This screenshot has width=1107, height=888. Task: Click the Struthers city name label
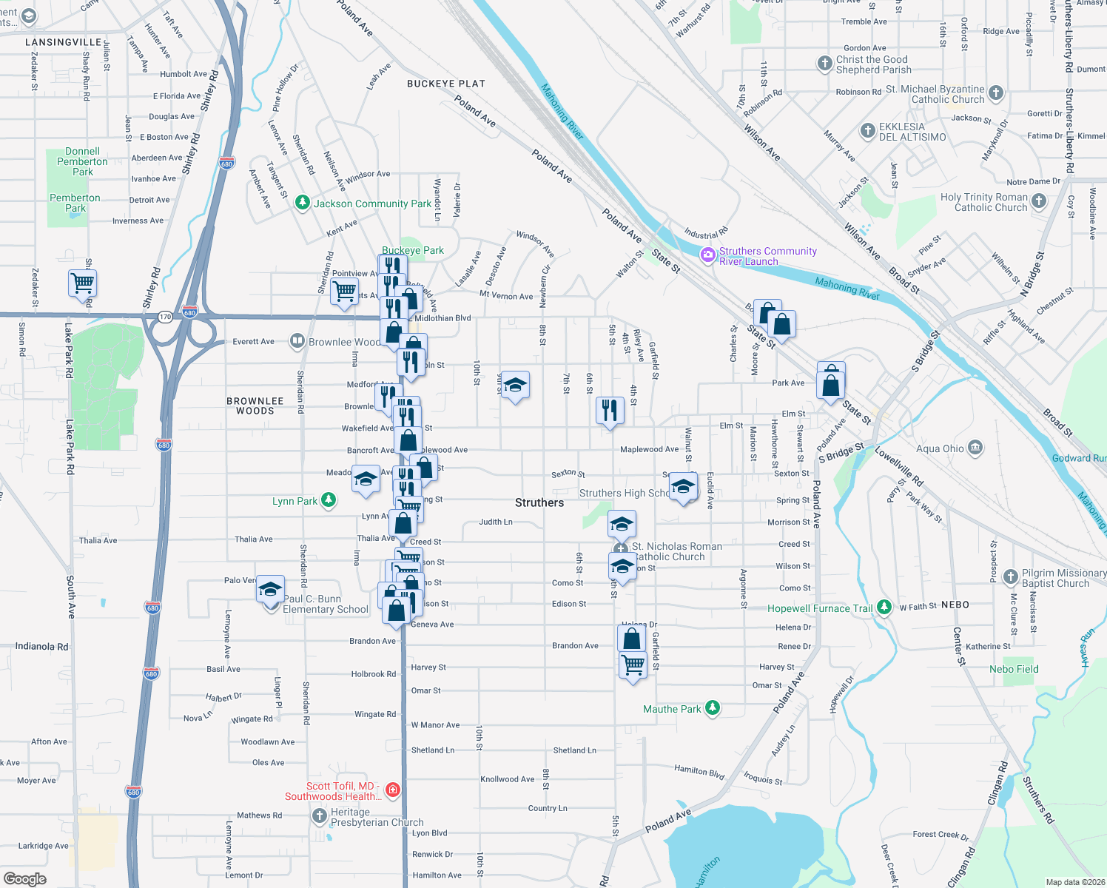coord(539,502)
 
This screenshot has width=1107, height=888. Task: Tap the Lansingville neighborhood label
coord(63,42)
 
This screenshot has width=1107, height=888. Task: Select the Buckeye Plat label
coord(445,84)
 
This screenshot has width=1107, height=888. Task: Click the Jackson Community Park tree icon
coord(302,203)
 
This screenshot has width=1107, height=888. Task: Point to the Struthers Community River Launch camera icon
coord(708,255)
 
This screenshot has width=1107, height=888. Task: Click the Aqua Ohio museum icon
coord(975,448)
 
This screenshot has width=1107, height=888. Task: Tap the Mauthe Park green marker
coord(712,708)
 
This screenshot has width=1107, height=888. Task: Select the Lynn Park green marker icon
coord(328,501)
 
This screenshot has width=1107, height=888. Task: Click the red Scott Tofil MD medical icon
coord(393,790)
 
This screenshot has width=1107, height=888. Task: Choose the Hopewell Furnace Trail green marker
coord(884,608)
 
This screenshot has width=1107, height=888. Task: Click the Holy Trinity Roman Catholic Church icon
coord(1039,201)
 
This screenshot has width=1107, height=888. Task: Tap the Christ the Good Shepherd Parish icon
coord(824,64)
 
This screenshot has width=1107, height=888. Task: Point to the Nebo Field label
coord(1014,669)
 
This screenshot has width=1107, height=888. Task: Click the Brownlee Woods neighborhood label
coord(255,406)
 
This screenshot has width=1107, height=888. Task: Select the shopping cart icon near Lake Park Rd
coord(83,283)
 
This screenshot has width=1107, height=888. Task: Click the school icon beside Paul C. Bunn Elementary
coord(271,589)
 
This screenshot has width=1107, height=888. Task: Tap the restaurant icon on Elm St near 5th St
coord(610,409)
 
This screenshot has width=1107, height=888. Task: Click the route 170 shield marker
coord(165,317)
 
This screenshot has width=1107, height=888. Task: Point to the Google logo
coord(24,878)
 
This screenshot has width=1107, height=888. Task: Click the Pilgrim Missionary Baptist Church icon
coord(1010,577)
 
